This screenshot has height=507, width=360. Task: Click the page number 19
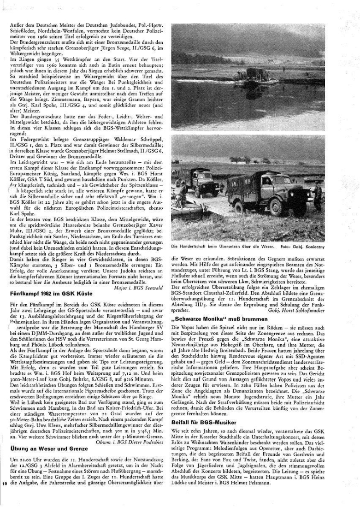pos(5,496)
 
